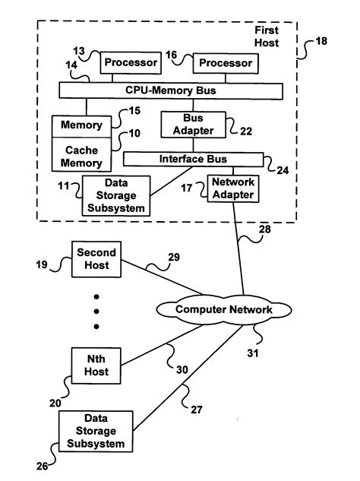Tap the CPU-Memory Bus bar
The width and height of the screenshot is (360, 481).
[171, 90]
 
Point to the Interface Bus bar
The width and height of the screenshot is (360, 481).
[193, 160]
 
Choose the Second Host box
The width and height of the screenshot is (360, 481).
[97, 260]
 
